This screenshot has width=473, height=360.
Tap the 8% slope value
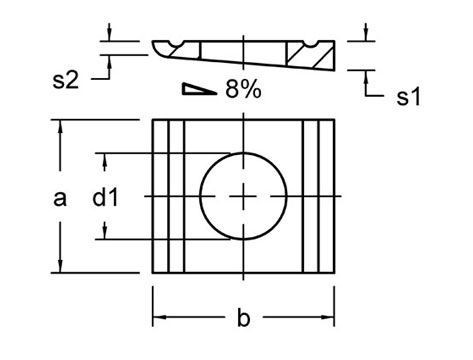(x=242, y=90)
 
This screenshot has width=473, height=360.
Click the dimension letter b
(x=242, y=319)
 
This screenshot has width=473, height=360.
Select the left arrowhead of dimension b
(x=157, y=319)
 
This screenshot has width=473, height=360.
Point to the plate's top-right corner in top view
(x=334, y=121)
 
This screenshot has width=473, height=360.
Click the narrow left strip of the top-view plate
(x=176, y=197)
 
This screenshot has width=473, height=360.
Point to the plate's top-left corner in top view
(x=152, y=121)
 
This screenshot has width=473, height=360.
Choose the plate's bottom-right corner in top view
(x=334, y=273)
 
